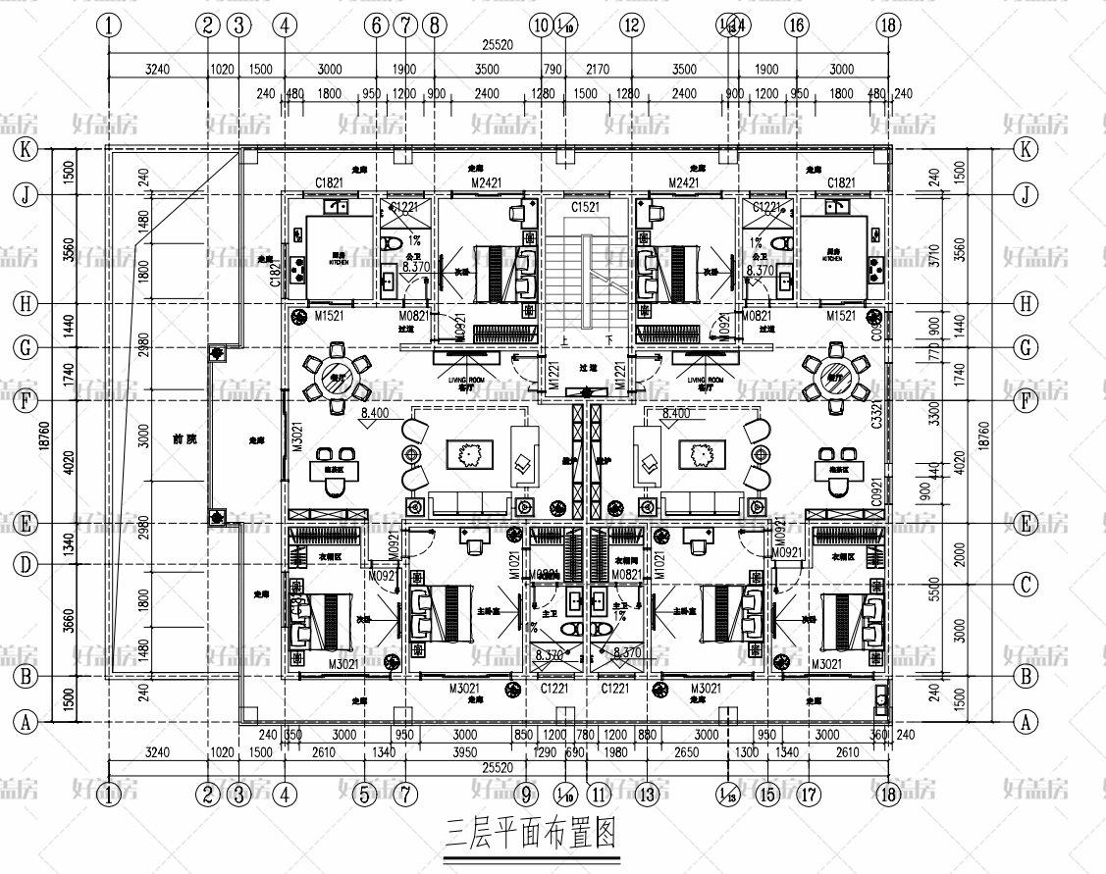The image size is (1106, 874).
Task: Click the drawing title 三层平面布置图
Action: (x=531, y=835)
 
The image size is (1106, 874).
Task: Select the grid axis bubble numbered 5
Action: (x=365, y=795)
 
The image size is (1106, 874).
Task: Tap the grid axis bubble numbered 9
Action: (x=527, y=795)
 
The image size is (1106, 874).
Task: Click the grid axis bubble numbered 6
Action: (x=378, y=26)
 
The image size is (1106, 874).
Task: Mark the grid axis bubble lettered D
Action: (x=26, y=564)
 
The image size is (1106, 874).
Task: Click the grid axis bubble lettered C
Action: (x=1026, y=586)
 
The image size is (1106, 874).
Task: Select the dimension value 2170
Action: (x=598, y=70)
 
